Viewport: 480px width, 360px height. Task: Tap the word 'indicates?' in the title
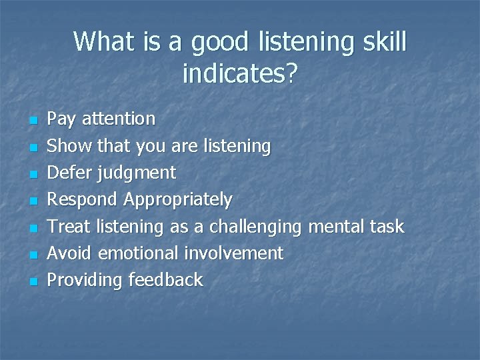pos(239,74)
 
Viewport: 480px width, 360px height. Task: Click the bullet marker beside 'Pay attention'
pos(31,121)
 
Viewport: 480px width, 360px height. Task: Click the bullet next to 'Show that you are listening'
pos(31,147)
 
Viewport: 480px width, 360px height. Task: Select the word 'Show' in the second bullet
pos(70,146)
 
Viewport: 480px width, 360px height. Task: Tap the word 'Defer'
pos(71,173)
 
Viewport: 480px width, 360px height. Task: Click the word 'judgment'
pos(136,174)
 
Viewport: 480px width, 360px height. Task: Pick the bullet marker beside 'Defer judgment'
pos(31,174)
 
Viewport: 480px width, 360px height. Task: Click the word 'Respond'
pos(83,200)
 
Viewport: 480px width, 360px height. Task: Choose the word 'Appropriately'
pos(178,200)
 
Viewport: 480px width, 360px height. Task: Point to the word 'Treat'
pos(70,227)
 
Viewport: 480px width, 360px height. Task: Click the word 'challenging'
pos(255,227)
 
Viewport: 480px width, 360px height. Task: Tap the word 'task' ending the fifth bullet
pos(386,227)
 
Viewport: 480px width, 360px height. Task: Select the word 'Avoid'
pos(71,253)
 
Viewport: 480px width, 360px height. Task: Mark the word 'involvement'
pos(233,253)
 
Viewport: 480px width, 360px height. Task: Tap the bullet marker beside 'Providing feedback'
pos(31,281)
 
